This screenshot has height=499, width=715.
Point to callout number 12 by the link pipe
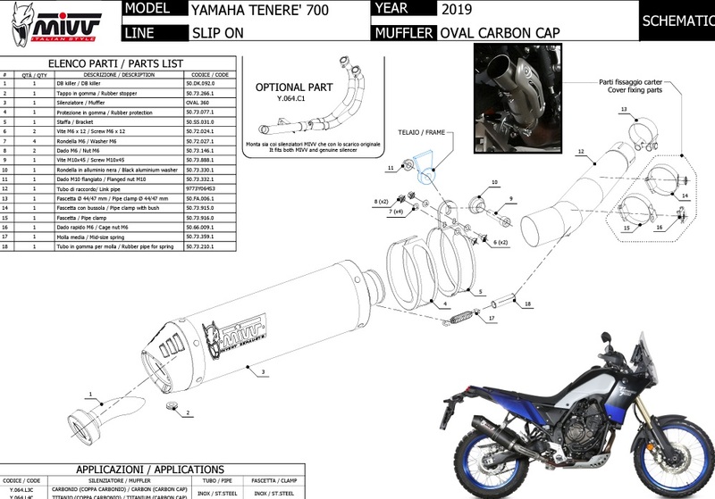580,153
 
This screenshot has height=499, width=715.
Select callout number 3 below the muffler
264,370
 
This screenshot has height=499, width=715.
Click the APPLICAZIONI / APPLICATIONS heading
149,469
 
